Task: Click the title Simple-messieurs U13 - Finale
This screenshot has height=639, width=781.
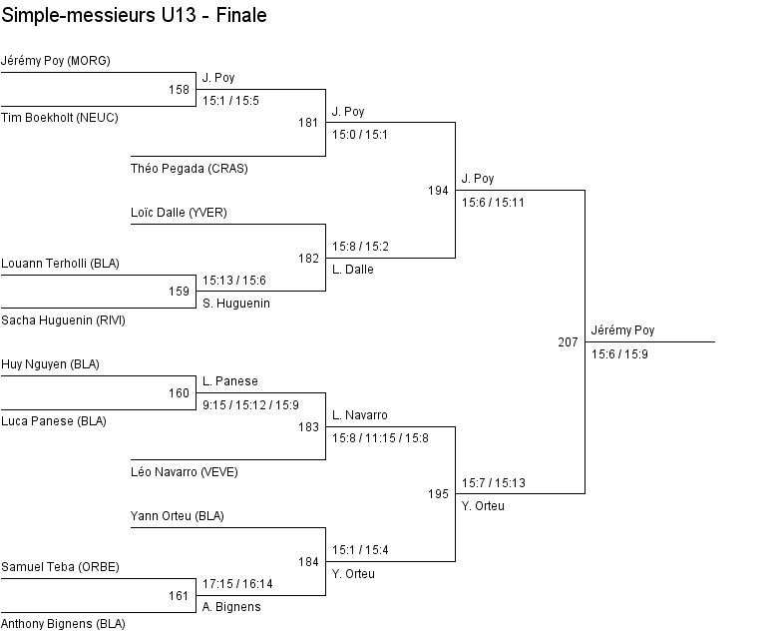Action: (135, 16)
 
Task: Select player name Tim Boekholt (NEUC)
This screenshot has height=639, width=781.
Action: (60, 118)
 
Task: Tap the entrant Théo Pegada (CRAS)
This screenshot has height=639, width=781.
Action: (190, 169)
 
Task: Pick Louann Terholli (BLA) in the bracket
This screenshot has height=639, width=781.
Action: (61, 264)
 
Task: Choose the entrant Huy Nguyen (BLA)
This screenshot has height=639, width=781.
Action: (51, 364)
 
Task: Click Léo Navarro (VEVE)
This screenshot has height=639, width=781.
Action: (185, 472)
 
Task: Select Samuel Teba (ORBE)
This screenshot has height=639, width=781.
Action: (60, 567)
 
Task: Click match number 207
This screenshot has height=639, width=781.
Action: (568, 342)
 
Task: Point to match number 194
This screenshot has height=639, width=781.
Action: (438, 190)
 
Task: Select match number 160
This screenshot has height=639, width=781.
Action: (179, 393)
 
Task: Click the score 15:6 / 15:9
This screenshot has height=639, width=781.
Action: (619, 353)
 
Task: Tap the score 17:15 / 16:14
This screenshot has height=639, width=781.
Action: (237, 584)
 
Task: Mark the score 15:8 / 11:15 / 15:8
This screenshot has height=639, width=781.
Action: (380, 437)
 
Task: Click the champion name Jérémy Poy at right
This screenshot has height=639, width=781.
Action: (622, 330)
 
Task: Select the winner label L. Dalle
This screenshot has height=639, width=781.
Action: (353, 270)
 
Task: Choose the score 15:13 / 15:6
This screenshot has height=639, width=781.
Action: (234, 281)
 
